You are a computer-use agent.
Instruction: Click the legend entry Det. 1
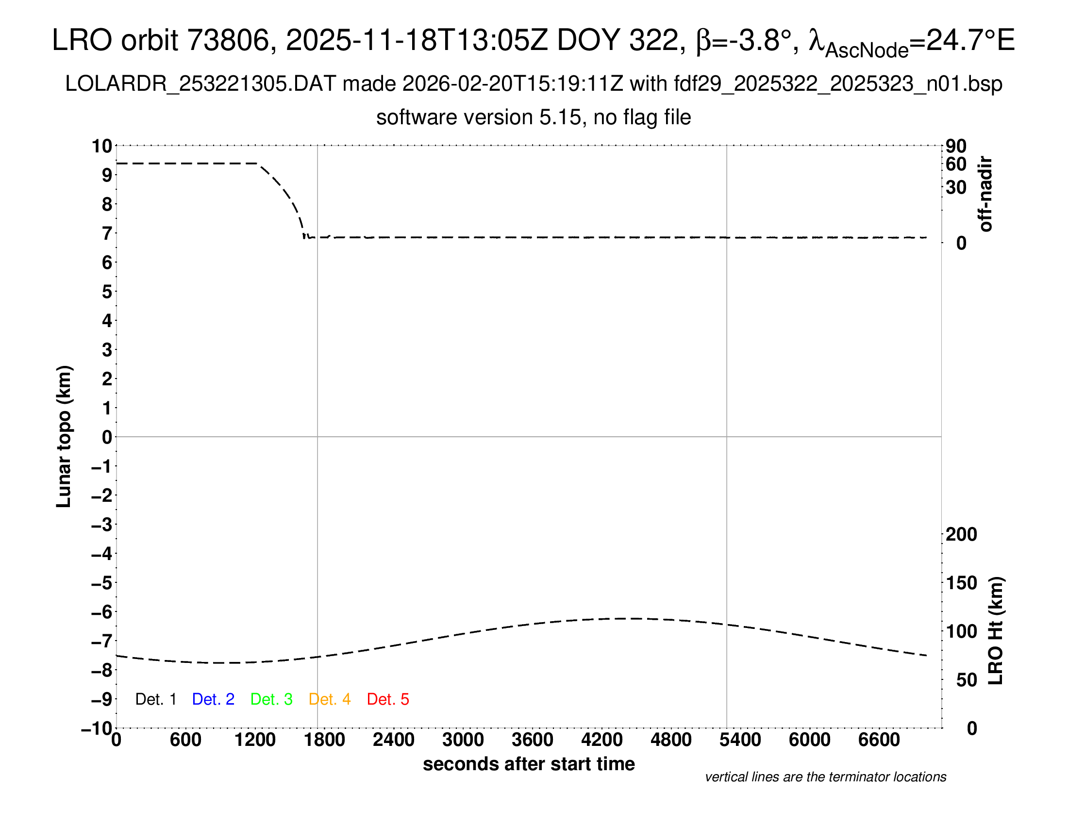pos(155,699)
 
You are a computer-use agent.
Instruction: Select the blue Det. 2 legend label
pos(213,699)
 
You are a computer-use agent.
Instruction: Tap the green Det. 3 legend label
pos(271,699)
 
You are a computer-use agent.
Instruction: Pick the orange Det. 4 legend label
pos(330,699)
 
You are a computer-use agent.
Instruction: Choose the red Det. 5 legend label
pos(388,699)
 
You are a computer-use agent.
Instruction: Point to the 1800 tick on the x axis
pos(324,740)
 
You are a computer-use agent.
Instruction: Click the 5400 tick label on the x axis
pos(740,740)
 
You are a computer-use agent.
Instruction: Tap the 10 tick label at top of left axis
pos(102,146)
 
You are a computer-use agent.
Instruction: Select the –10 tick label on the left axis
pos(97,729)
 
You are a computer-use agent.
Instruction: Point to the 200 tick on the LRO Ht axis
pos(961,534)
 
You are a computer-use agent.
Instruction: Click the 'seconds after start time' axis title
pos(529,764)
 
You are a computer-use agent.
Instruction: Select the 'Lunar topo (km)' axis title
pos(64,436)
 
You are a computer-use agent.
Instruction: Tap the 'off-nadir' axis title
pos(986,194)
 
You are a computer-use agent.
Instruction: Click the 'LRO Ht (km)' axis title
pos(996,631)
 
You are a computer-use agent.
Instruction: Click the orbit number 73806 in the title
pos(228,40)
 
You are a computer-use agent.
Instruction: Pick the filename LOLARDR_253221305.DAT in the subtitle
pos(200,84)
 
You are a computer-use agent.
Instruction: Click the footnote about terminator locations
pos(825,777)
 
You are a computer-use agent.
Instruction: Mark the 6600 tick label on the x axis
pos(879,740)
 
